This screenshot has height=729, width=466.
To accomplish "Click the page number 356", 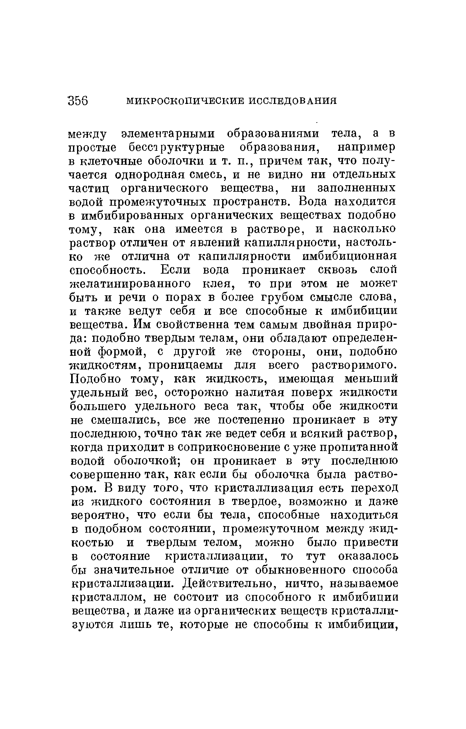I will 78,101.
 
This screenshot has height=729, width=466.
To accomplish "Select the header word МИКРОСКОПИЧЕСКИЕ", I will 182,101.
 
